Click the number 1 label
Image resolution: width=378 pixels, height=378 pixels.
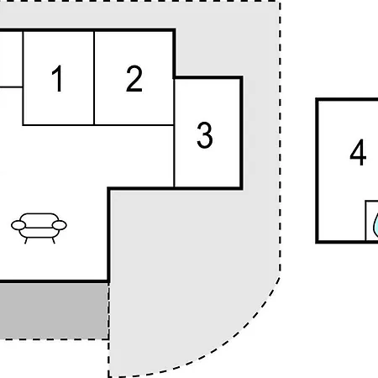click(57, 78)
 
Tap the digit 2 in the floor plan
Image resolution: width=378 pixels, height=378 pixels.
click(134, 78)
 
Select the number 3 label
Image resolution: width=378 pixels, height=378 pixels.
click(205, 135)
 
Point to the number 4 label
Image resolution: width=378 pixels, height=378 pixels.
click(358, 152)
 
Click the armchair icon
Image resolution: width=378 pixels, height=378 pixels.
click(39, 228)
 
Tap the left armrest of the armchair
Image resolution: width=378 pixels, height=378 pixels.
click(18, 225)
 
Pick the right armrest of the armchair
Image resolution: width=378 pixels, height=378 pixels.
click(60, 225)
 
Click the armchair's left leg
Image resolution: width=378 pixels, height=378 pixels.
click(26, 240)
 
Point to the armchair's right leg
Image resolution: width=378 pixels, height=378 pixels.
click(53, 240)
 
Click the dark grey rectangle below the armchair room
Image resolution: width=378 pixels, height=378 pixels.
click(54, 311)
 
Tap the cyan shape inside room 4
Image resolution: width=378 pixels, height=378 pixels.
click(375, 224)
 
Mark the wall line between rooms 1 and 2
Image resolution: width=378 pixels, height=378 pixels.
click(94, 78)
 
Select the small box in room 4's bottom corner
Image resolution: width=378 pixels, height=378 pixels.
click(372, 221)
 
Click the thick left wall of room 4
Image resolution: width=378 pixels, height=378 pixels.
click(318, 171)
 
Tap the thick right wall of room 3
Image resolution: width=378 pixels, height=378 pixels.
click(241, 133)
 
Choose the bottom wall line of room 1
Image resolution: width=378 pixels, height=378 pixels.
click(58, 125)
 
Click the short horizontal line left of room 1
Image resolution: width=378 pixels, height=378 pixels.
click(11, 87)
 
